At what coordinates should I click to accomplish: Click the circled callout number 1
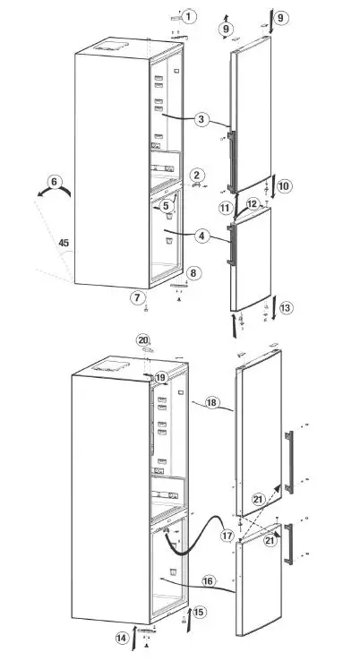click(189, 15)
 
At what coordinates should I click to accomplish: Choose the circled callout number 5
click(166, 205)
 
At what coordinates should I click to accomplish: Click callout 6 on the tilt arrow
click(55, 183)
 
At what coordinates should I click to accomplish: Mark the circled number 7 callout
click(137, 296)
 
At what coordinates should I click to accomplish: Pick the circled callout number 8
click(193, 272)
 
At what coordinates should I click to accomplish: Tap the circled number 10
click(284, 186)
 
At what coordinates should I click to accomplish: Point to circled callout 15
click(199, 612)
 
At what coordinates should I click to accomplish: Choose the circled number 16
click(207, 581)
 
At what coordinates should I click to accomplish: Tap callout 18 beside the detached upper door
click(212, 403)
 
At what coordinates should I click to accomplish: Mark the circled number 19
click(160, 378)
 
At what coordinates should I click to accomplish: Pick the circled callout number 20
click(142, 340)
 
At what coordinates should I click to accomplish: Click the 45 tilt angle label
click(64, 242)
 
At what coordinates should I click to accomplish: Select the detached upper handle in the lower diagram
click(288, 459)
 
